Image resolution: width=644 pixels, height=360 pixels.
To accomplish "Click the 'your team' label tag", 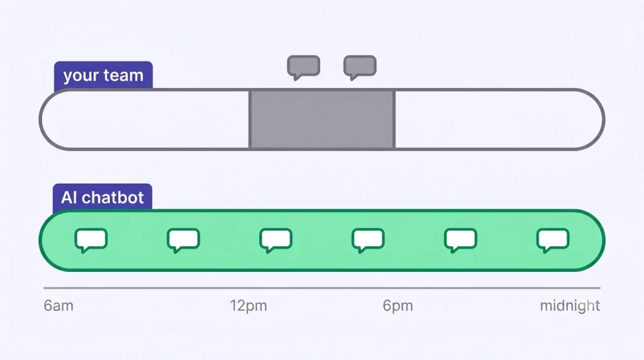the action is [x=103, y=75].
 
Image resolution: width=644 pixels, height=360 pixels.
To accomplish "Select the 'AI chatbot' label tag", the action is [x=103, y=197].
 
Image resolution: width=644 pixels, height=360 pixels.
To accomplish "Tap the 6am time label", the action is [x=58, y=306].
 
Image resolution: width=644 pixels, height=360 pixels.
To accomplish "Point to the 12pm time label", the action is [x=248, y=306].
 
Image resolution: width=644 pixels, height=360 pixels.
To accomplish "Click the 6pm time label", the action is [x=397, y=306].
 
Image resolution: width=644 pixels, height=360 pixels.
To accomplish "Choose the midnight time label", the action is [x=570, y=306].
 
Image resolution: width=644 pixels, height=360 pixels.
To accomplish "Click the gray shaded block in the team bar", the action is [x=322, y=119].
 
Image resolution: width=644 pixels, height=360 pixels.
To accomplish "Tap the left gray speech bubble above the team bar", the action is [x=304, y=67].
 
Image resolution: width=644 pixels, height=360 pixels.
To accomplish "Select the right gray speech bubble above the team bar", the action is [x=360, y=67].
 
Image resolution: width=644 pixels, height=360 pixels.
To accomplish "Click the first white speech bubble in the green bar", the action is [x=91, y=240].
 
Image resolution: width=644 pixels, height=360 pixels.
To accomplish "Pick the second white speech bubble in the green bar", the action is [x=183, y=240].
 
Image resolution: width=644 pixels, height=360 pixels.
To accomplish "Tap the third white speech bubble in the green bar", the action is [x=275, y=240].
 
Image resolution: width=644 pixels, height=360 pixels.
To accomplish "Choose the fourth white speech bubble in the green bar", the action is [x=368, y=240].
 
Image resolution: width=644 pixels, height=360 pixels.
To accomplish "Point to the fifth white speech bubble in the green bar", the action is [x=460, y=240].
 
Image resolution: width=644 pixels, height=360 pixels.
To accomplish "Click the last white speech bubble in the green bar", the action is [x=553, y=240].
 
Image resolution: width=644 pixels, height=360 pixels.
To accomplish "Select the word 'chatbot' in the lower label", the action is [x=113, y=198].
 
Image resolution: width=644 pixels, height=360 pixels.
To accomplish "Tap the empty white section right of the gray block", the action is [x=499, y=119].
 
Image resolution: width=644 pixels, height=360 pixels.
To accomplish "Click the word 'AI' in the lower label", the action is [x=69, y=198].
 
